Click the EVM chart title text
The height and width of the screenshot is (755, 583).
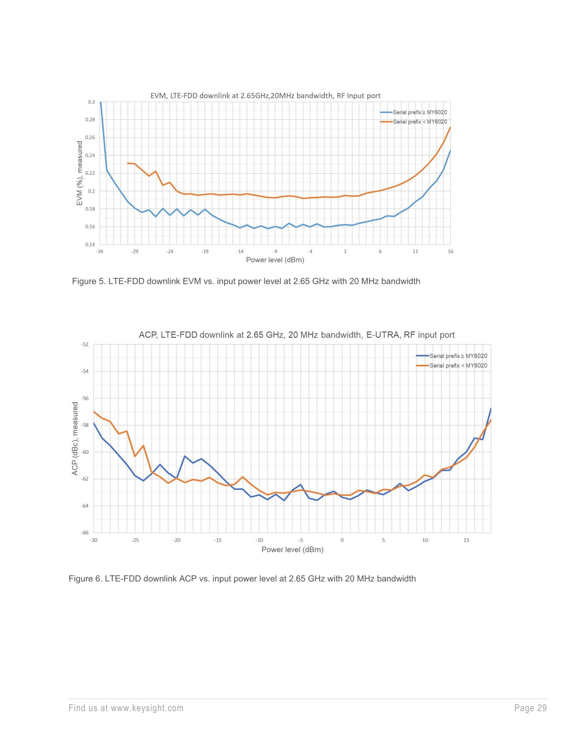pyautogui.click(x=265, y=96)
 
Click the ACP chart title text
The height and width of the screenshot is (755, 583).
pyautogui.click(x=296, y=335)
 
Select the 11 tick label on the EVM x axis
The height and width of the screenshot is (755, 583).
pyautogui.click(x=415, y=251)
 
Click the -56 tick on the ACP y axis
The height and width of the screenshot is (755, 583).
pyautogui.click(x=85, y=398)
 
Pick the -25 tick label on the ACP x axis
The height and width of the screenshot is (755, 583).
pyautogui.click(x=135, y=540)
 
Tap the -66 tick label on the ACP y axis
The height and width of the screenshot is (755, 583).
pyautogui.click(x=85, y=533)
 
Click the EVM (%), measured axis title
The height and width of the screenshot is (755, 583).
pyautogui.click(x=80, y=173)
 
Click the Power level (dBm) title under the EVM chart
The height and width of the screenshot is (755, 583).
pyautogui.click(x=275, y=260)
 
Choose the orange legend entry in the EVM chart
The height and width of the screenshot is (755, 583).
pyautogui.click(x=420, y=122)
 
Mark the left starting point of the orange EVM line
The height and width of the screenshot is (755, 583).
pyautogui.click(x=128, y=163)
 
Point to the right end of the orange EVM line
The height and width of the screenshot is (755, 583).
pyautogui.click(x=450, y=128)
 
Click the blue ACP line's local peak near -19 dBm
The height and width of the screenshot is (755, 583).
pyautogui.click(x=185, y=456)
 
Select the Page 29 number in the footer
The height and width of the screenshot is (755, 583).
pyautogui.click(x=530, y=708)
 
